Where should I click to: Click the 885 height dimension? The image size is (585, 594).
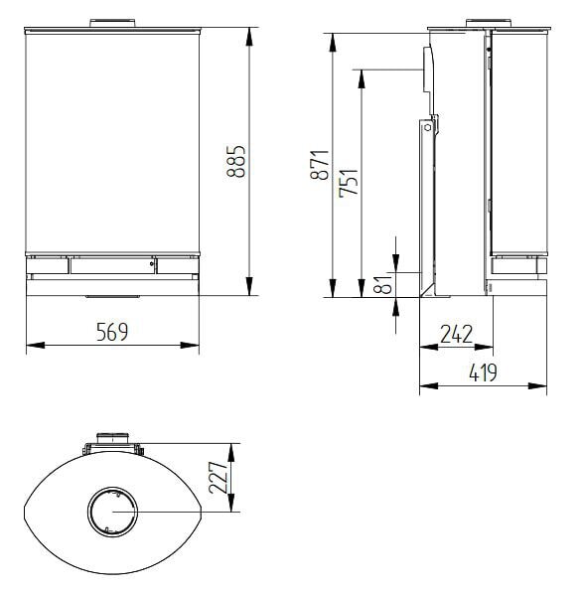(x=235, y=161)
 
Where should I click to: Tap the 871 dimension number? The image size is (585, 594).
(x=320, y=165)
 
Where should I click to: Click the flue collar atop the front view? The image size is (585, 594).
(x=112, y=22)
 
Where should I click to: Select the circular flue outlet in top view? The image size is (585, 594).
(x=112, y=513)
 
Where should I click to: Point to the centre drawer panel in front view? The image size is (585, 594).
(x=111, y=265)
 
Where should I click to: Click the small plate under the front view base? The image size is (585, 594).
(x=112, y=296)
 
